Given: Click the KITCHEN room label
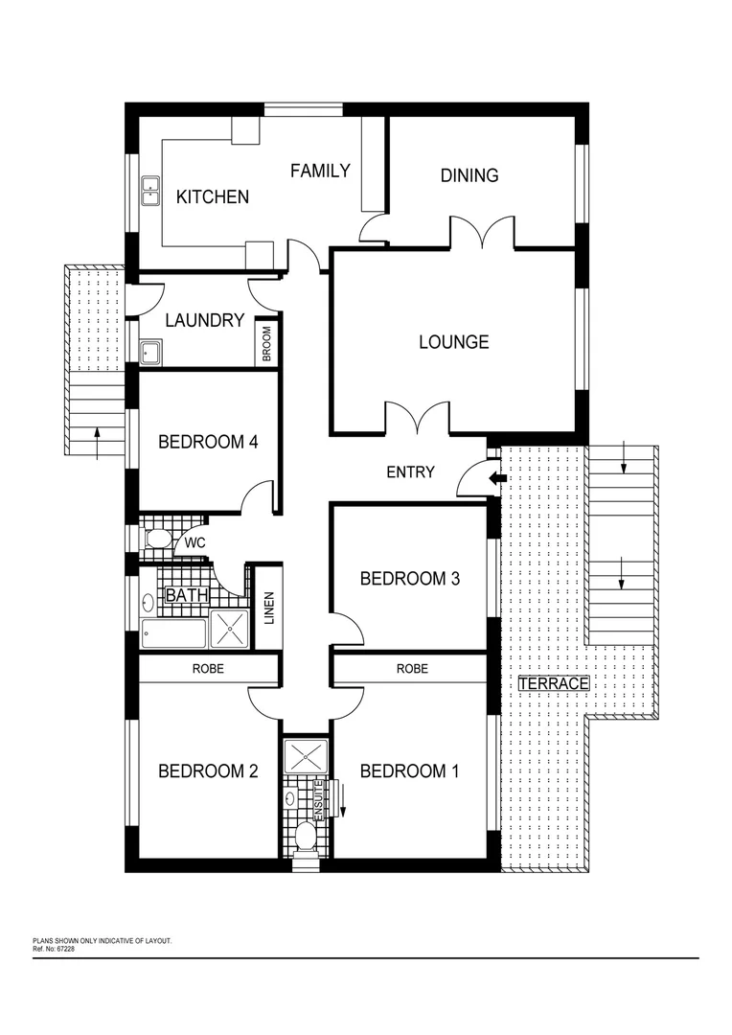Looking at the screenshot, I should tap(213, 196).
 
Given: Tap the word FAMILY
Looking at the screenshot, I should tap(320, 171).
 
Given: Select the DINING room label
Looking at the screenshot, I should tap(469, 175).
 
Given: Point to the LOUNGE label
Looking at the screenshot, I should tap(454, 341).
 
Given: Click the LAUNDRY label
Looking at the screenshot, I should tap(204, 320).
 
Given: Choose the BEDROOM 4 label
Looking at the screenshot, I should tap(208, 442).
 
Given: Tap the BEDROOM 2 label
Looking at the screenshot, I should tap(208, 770).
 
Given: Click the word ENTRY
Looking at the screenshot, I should tap(410, 471).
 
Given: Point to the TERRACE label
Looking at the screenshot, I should tap(553, 683).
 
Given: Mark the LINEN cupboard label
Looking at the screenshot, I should tap(269, 609).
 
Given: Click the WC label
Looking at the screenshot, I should tap(195, 543).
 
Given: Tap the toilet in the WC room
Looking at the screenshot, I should tap(157, 540).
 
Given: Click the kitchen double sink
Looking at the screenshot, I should tap(150, 191).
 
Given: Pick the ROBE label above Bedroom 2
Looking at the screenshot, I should tap(208, 668).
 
